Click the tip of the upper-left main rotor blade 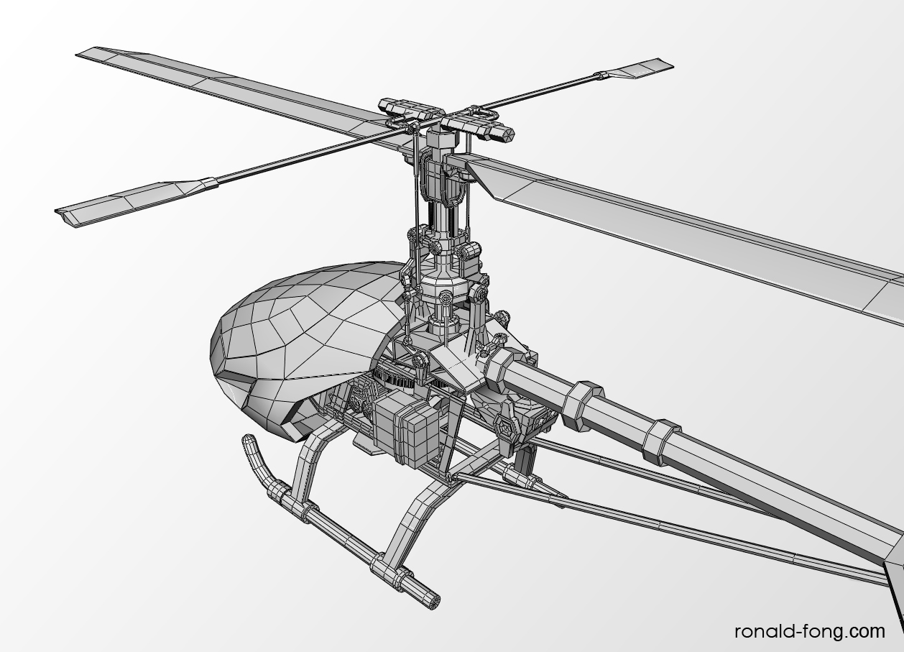[x=78, y=54]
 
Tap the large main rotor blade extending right [x=686, y=238]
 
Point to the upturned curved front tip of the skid [x=247, y=440]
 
